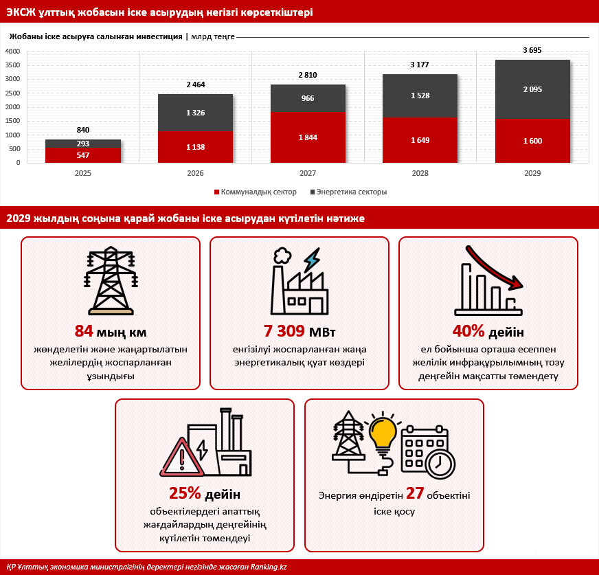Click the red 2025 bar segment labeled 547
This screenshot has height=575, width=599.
point(83,155)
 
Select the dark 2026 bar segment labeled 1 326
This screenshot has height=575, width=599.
point(195,113)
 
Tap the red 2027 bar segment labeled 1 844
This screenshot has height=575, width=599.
point(308,137)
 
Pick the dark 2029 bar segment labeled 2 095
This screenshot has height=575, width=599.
point(532,89)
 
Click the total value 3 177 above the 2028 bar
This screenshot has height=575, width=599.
point(420,65)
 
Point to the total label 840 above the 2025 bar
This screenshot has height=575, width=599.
point(83,130)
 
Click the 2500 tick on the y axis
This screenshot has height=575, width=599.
point(12,93)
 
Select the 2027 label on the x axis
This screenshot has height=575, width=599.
point(308,173)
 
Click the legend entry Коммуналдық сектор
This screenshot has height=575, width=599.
point(255,192)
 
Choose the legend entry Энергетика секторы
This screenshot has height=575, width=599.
point(349,192)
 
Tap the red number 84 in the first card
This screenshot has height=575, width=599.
point(84,331)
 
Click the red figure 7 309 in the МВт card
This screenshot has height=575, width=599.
point(284,331)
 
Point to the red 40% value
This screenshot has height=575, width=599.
point(468,331)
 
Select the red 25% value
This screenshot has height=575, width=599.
point(185,493)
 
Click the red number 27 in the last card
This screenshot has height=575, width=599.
point(415,493)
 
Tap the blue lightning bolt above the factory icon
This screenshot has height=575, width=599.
point(312,260)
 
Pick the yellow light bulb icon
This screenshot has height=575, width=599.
point(383,434)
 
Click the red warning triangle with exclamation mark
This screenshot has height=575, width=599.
point(182,458)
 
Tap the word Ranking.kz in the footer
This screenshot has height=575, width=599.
point(269,567)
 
